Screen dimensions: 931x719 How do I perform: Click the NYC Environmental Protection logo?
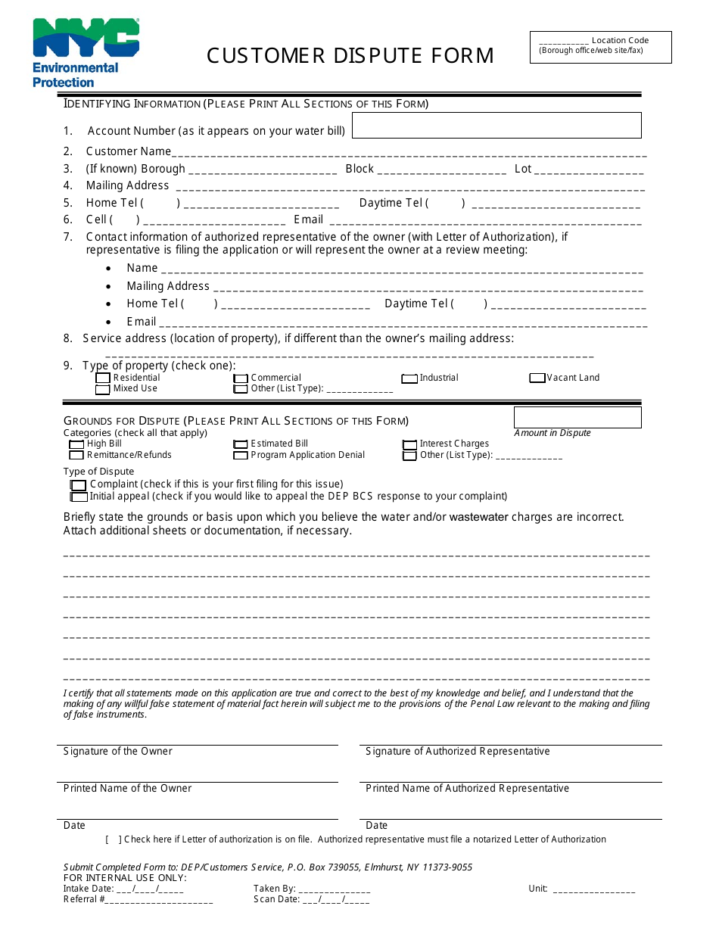pos(86,53)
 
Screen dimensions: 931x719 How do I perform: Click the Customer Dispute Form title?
pos(350,56)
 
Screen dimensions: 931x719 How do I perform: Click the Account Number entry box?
pos(496,126)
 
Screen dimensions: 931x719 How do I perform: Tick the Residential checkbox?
pos(102,378)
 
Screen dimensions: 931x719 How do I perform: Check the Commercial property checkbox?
pos(241,378)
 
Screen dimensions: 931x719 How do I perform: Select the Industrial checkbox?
pos(409,378)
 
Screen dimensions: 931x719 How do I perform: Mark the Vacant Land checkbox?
pos(537,378)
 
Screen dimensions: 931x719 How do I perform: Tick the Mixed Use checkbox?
pos(102,389)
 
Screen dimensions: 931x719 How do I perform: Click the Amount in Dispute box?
pos(577,417)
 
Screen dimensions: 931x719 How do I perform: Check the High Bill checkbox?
pos(76,444)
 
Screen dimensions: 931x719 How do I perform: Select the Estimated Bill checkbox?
pos(241,444)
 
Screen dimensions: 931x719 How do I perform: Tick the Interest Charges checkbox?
pos(409,445)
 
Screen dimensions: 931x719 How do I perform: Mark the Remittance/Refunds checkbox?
pos(76,456)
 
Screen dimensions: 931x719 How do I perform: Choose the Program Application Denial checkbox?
pos(241,456)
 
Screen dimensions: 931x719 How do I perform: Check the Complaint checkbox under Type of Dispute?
pos(79,485)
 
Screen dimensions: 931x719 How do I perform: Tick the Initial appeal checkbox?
pos(79,497)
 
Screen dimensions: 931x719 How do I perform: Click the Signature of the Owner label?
pos(118,752)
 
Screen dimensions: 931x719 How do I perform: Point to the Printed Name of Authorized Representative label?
pos(467,789)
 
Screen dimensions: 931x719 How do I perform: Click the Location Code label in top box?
pos(620,41)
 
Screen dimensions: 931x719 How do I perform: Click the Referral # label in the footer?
pos(84,899)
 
